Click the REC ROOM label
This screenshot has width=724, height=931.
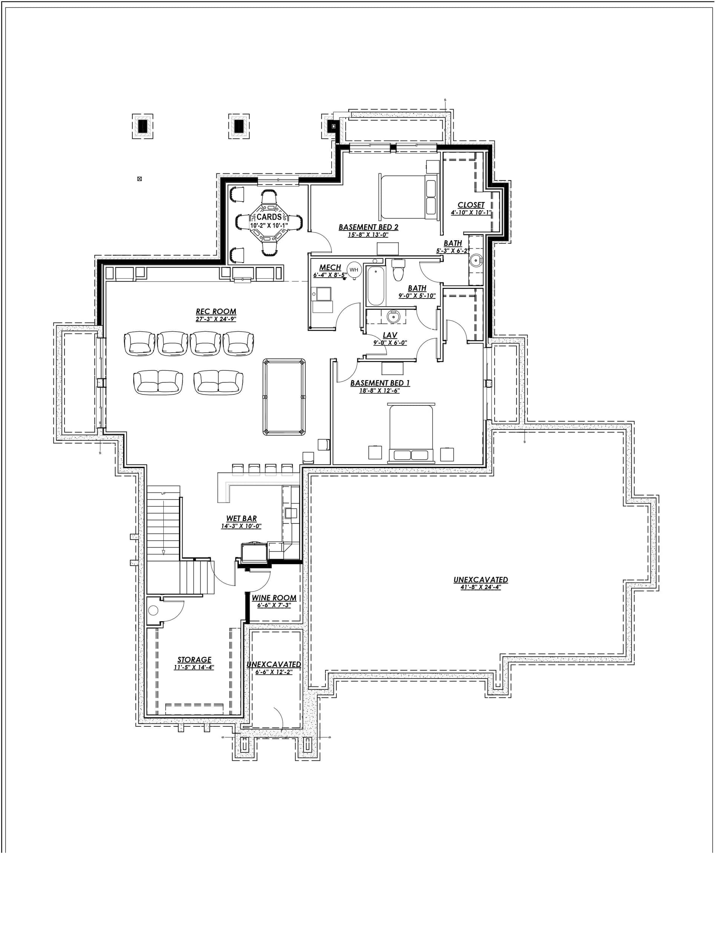click(x=216, y=312)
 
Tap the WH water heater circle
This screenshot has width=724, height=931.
click(x=354, y=269)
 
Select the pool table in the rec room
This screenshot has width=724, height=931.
click(x=285, y=397)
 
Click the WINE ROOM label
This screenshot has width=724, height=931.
click(x=274, y=598)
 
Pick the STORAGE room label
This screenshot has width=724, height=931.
click(x=194, y=660)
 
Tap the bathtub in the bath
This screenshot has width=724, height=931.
click(x=376, y=286)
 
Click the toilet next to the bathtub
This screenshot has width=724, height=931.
click(x=398, y=270)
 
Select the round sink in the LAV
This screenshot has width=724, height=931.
click(x=393, y=317)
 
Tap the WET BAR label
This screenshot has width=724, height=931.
click(x=241, y=518)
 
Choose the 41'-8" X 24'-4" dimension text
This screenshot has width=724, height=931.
click(x=480, y=587)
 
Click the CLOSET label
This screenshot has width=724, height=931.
click(x=471, y=205)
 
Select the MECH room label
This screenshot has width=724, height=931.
click(x=330, y=267)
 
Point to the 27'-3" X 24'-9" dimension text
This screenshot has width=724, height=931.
click(x=216, y=319)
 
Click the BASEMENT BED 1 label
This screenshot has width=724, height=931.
click(x=380, y=383)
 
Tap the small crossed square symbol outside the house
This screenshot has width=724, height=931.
click(x=140, y=179)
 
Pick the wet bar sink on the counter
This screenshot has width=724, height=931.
click(x=291, y=512)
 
